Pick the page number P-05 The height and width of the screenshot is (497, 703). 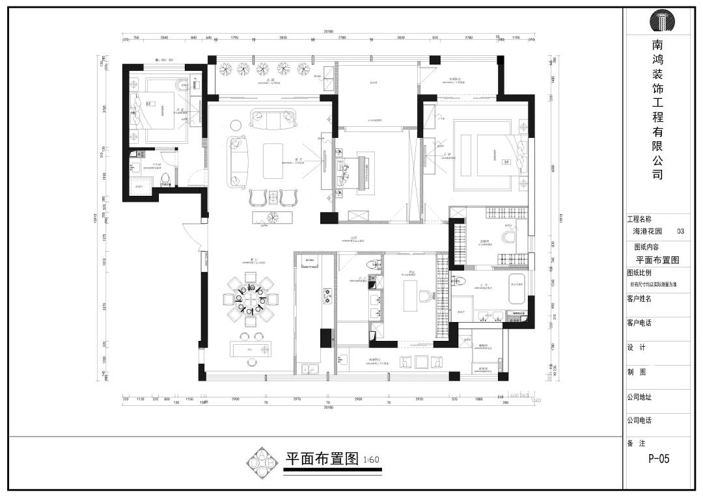[x=658, y=459]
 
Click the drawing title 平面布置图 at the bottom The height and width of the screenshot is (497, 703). [x=322, y=459]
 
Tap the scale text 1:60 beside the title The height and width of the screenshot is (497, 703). [x=371, y=460]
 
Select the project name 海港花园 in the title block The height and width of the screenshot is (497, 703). [x=647, y=231]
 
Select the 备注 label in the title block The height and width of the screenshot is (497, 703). [x=636, y=443]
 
